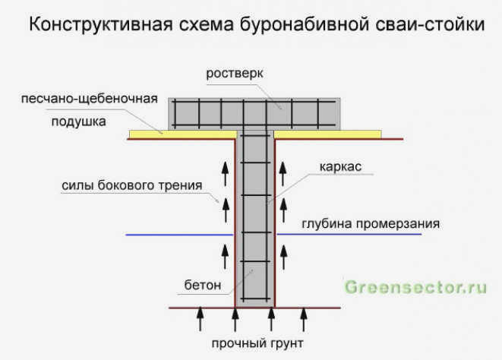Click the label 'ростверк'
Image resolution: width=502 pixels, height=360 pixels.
[235, 74]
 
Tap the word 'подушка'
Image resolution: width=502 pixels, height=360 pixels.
[79, 122]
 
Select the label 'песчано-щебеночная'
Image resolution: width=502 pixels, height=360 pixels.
[90, 99]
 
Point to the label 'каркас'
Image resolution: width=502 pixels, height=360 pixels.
[341, 167]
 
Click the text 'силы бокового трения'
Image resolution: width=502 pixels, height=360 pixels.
[132, 185]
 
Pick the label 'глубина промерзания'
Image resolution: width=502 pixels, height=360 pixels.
[371, 224]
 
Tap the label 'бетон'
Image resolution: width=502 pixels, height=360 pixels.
[203, 285]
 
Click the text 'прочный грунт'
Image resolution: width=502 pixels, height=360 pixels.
[257, 343]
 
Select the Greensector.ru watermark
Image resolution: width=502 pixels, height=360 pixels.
[415, 287]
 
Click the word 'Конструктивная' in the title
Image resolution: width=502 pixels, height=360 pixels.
[101, 24]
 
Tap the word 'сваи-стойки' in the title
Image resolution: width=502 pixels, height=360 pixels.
[430, 24]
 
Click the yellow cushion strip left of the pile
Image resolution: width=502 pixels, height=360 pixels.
[183, 134]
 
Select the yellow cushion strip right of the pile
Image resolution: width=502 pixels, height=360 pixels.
[328, 134]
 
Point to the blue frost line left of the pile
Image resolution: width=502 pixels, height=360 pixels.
[179, 235]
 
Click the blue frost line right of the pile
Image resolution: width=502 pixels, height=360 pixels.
[349, 234]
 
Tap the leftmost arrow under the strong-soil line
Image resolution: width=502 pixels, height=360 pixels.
[200, 319]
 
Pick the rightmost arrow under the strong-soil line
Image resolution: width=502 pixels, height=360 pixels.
[304, 319]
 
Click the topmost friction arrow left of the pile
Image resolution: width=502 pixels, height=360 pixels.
[226, 174]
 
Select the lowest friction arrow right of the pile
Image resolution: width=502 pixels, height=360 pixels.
[283, 257]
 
